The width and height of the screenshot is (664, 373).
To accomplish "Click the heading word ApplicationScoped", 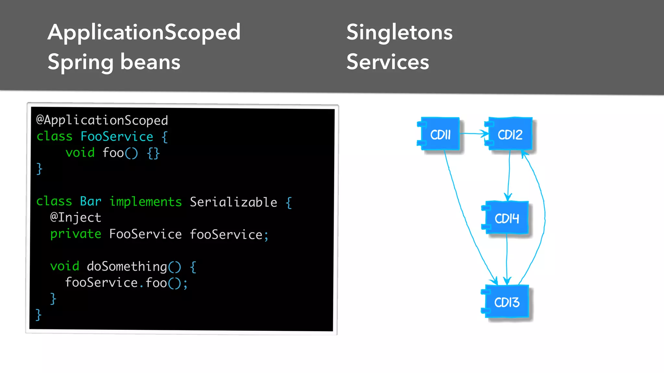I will pyautogui.click(x=144, y=32).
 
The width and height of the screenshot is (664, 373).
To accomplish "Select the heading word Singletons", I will pyautogui.click(x=399, y=32).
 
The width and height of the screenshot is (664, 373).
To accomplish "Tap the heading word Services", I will pyautogui.click(x=387, y=62).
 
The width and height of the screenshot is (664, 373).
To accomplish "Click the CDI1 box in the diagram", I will pyautogui.click(x=440, y=134).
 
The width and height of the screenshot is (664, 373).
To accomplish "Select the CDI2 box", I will pyautogui.click(x=510, y=134).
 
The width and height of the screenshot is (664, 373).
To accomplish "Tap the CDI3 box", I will pyautogui.click(x=506, y=302).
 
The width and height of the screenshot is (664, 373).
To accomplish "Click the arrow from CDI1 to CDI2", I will pyautogui.click(x=474, y=133).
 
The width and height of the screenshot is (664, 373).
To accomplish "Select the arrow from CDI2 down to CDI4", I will pyautogui.click(x=509, y=175).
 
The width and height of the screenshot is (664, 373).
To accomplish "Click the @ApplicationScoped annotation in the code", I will pyautogui.click(x=102, y=120).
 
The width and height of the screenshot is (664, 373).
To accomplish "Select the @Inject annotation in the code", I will pyautogui.click(x=76, y=217).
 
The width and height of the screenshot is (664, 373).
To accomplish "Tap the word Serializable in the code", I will pyautogui.click(x=233, y=202).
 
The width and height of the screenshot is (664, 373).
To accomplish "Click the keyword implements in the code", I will pyautogui.click(x=145, y=201).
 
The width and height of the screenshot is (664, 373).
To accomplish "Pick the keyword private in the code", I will pyautogui.click(x=76, y=234).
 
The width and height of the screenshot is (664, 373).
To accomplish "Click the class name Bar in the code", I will pyautogui.click(x=90, y=201).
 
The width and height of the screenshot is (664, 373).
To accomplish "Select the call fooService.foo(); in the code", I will pyautogui.click(x=126, y=283).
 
